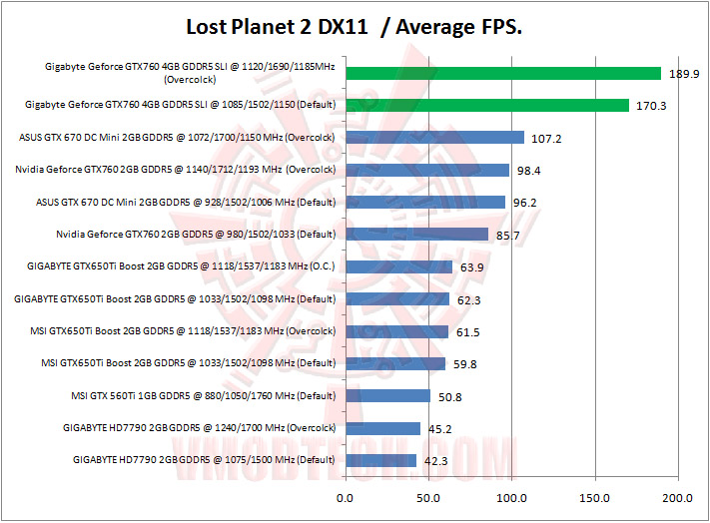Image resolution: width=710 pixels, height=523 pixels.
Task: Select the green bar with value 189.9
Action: click(x=503, y=73)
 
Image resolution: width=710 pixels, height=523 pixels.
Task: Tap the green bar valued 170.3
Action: click(x=487, y=105)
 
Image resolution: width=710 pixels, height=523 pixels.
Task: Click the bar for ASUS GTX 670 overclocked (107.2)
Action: click(x=434, y=137)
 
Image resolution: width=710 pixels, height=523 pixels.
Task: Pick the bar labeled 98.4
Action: click(x=427, y=170)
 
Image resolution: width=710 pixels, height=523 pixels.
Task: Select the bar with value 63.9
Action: click(x=398, y=266)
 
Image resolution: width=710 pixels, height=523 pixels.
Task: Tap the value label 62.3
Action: click(x=469, y=299)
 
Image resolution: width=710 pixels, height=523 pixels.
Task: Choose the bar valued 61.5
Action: click(x=396, y=331)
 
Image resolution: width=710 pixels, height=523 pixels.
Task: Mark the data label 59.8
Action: click(x=464, y=364)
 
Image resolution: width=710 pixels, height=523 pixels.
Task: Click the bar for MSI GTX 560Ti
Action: click(x=387, y=396)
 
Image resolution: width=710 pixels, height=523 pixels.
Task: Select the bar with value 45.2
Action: click(x=382, y=428)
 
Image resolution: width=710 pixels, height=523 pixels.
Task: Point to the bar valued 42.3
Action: click(x=380, y=460)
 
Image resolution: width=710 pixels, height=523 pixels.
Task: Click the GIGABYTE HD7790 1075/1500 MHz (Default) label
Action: click(x=204, y=460)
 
